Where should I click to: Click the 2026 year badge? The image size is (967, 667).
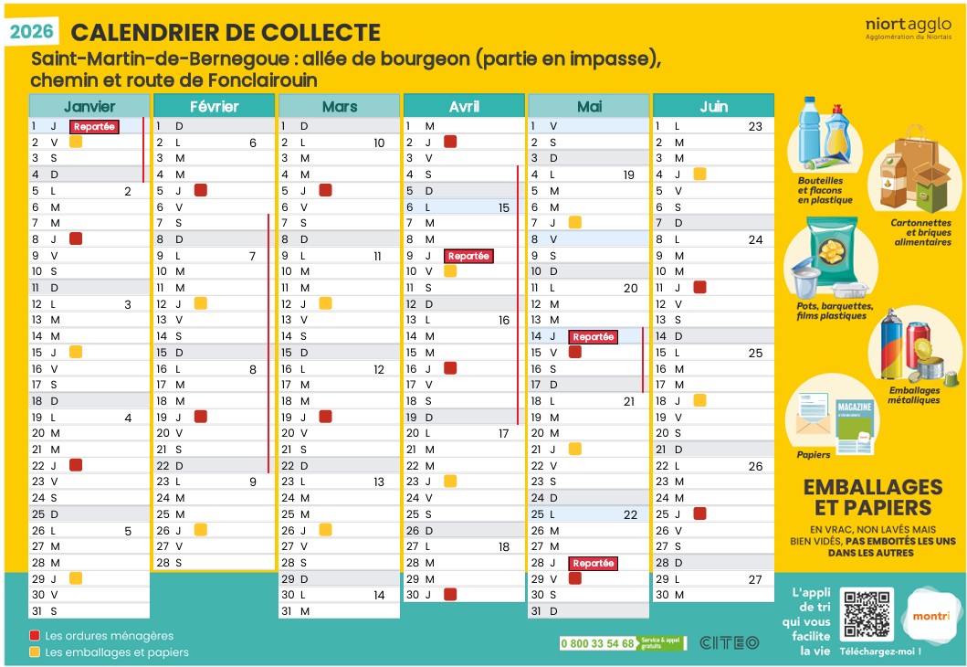33,33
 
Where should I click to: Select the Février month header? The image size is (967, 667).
214,106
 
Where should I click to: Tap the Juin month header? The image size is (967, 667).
713,106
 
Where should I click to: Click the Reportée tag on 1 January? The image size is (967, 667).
95,127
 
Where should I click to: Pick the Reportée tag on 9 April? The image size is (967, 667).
469,256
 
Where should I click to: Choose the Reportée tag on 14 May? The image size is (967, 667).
594,336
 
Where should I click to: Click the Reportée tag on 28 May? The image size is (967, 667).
594,563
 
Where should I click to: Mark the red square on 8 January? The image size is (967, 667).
76,238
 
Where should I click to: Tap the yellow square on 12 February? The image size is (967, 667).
200,303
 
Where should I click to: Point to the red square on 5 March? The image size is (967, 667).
325,190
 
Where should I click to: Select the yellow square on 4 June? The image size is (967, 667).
699,174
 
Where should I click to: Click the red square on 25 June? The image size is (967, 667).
699,513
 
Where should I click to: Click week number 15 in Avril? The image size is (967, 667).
504,207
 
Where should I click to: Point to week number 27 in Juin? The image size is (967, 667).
755,579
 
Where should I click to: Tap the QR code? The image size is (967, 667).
867,613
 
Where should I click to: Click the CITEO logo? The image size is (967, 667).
729,642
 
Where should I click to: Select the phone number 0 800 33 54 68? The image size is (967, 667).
598,643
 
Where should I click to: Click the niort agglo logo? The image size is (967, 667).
908,28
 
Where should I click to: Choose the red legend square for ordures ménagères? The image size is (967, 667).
35,636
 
